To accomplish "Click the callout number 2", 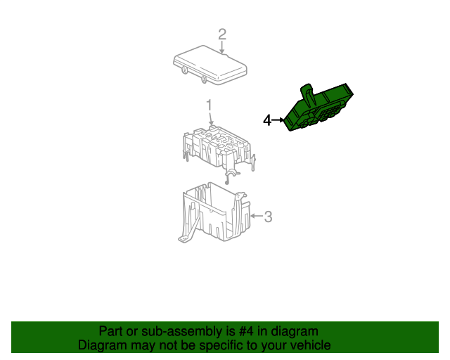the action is click(222, 34).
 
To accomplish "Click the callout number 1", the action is click(210, 105).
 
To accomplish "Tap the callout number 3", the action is click(268, 217).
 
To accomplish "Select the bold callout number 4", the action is click(267, 120).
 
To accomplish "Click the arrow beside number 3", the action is click(257, 216).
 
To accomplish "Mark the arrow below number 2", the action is click(222, 47).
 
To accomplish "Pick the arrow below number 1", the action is click(211, 119).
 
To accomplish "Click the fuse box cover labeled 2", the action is click(210, 65).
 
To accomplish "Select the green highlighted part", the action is click(319, 108).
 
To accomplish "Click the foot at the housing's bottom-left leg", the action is click(184, 238).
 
